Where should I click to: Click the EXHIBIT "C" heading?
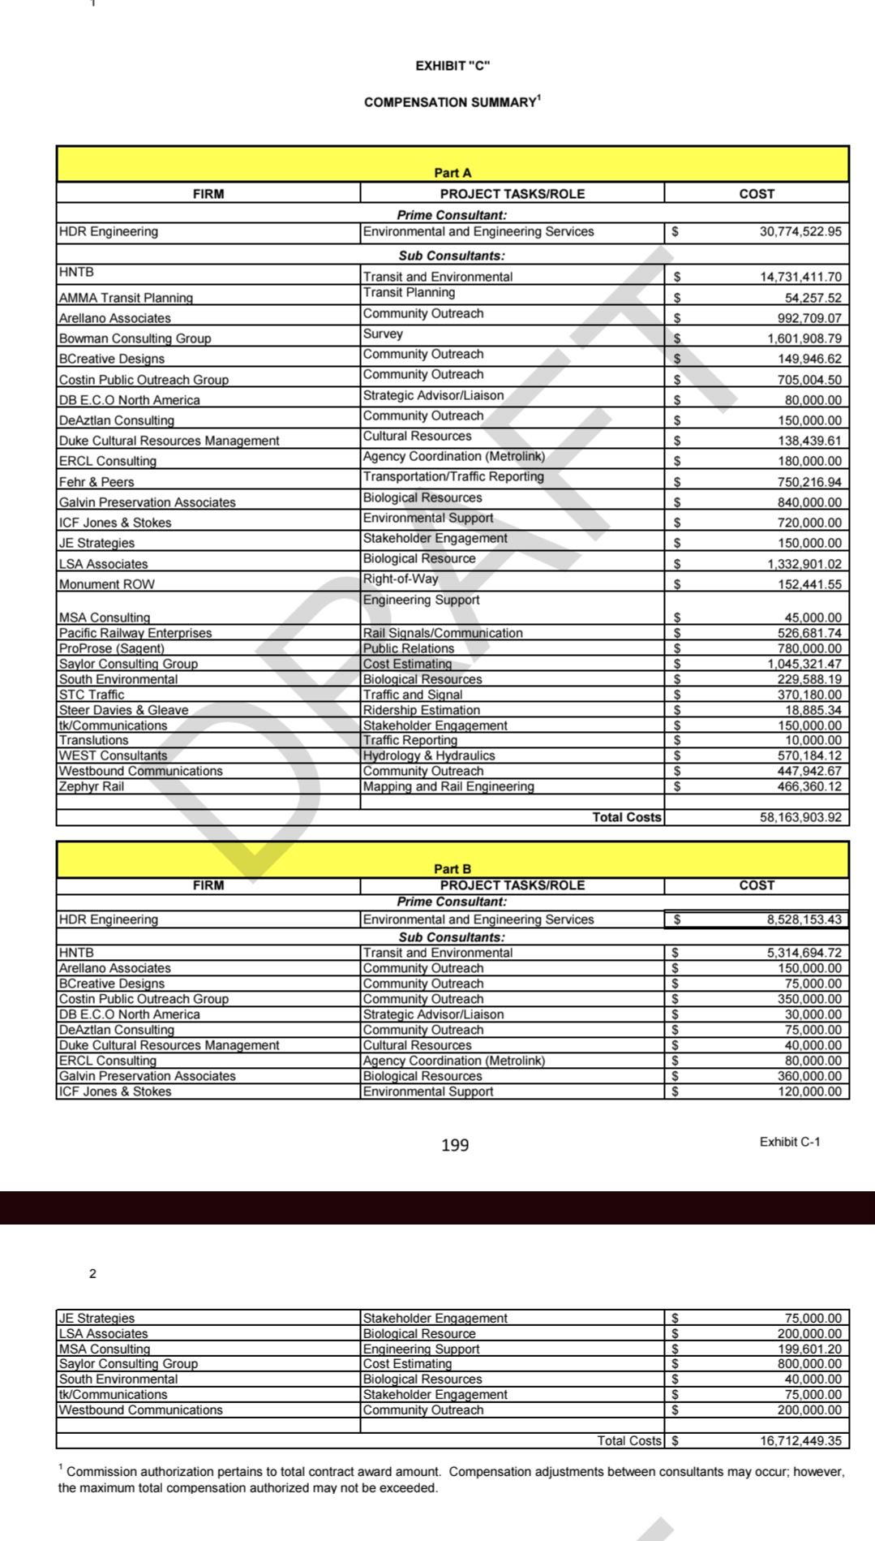click(453, 66)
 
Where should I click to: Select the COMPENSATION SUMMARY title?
click(451, 102)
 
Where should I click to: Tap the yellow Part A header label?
click(453, 172)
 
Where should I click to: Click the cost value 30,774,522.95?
click(800, 231)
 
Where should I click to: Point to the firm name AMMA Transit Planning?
click(126, 298)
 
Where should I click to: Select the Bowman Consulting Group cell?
click(135, 338)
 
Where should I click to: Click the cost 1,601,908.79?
click(804, 338)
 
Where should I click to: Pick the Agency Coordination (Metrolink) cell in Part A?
click(453, 456)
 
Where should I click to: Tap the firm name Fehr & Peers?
click(97, 481)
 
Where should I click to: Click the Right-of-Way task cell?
click(401, 579)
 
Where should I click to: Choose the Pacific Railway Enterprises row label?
click(135, 633)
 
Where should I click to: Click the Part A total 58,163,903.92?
click(800, 817)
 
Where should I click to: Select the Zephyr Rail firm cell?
click(91, 786)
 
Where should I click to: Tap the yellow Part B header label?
click(453, 868)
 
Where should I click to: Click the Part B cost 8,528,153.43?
click(804, 919)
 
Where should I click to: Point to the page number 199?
click(455, 1145)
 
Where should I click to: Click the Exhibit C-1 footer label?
click(789, 1142)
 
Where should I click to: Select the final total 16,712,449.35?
click(800, 1441)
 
